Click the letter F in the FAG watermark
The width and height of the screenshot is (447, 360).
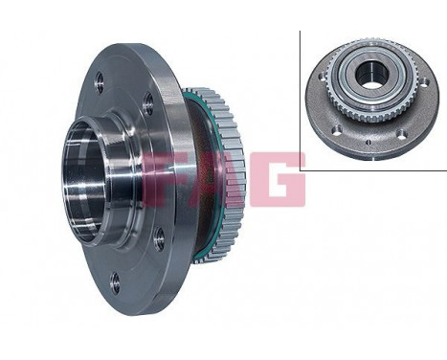[164, 179]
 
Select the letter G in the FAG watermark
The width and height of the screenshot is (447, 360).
[280, 179]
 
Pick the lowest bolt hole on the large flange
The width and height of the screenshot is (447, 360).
[115, 281]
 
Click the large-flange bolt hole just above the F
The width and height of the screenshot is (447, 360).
[148, 107]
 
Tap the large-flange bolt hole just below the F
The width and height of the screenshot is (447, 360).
[159, 239]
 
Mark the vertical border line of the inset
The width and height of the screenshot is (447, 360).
[301, 96]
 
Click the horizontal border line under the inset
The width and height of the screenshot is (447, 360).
[373, 170]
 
